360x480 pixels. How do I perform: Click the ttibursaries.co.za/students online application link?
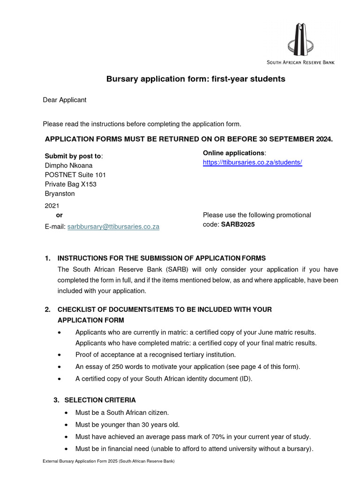(252, 162)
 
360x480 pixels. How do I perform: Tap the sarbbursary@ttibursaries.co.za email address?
(113, 226)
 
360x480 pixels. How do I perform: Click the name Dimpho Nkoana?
(68, 165)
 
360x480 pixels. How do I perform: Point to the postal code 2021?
(52, 205)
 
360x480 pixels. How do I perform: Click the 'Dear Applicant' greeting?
(65, 100)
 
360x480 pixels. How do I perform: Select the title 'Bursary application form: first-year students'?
(196, 79)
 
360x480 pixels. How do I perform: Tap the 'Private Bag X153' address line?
(71, 184)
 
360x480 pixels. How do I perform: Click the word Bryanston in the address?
(60, 194)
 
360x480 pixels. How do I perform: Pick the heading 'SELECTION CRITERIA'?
(100, 400)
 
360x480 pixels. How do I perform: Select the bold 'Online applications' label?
(233, 153)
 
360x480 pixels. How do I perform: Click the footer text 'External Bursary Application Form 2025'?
(80, 462)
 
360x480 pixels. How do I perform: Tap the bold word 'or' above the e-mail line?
(59, 215)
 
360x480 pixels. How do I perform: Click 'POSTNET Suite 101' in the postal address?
(75, 175)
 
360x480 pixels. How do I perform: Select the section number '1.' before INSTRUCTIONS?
(47, 258)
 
